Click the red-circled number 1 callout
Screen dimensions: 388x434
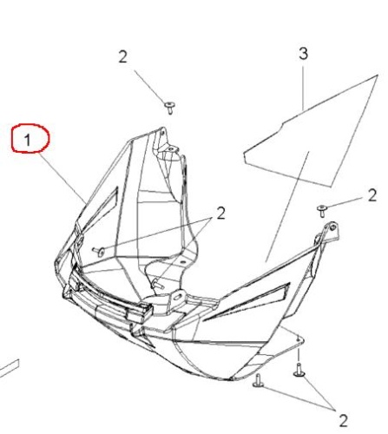tap(30, 138)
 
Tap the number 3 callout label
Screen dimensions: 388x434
tap(303, 54)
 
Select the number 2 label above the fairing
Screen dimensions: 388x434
tap(122, 56)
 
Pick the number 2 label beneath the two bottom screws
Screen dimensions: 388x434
tap(343, 421)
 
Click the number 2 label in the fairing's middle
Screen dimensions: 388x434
tap(220, 214)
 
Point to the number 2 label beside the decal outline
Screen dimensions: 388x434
tap(372, 195)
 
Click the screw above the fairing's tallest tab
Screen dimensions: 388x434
tap(170, 108)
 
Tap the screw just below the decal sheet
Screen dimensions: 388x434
tap(322, 211)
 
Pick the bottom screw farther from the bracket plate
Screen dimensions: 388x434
tap(258, 381)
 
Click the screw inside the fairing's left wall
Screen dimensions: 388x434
tap(99, 252)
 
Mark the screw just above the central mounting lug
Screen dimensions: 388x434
tap(158, 284)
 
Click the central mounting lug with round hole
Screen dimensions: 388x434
tap(178, 298)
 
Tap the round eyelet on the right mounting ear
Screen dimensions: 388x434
tap(332, 227)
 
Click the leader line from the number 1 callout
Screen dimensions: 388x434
tap(62, 178)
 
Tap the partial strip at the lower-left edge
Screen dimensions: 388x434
tap(10, 368)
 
